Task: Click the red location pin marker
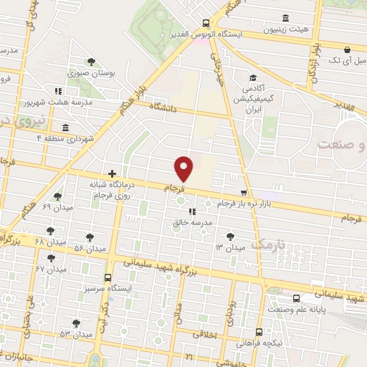(x=185, y=168)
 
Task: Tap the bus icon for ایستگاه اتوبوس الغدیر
(x=206, y=22)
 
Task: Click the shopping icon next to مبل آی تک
(x=348, y=50)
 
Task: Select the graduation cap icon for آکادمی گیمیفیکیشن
(x=253, y=78)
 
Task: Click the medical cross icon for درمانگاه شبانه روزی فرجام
(x=112, y=173)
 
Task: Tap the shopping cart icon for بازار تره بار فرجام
(x=244, y=193)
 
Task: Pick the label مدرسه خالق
(x=192, y=223)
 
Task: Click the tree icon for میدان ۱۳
(x=229, y=236)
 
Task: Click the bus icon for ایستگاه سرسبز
(x=108, y=277)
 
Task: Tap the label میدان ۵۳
(x=76, y=335)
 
